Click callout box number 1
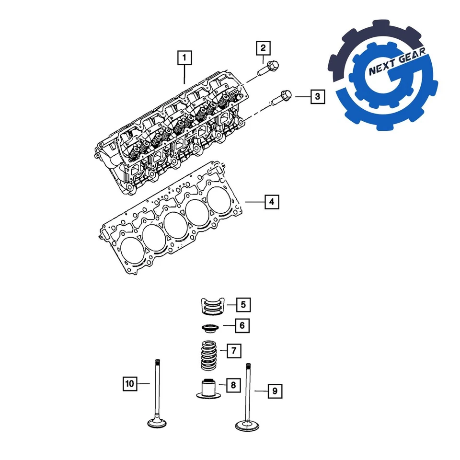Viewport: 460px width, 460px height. pos(184,58)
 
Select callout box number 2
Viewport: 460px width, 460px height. pos(263,48)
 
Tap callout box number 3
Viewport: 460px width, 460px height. pos(317,97)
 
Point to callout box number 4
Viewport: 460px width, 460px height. pos(271,202)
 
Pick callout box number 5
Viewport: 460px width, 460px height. pos(243,304)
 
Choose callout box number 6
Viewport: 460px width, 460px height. pos(242,326)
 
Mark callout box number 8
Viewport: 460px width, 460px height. pos(233,385)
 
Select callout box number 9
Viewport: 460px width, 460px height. pos(275,391)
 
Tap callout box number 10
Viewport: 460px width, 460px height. pos(129,383)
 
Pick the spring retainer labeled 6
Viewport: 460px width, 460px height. pos(209,329)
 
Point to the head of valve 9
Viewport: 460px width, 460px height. pos(248,425)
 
